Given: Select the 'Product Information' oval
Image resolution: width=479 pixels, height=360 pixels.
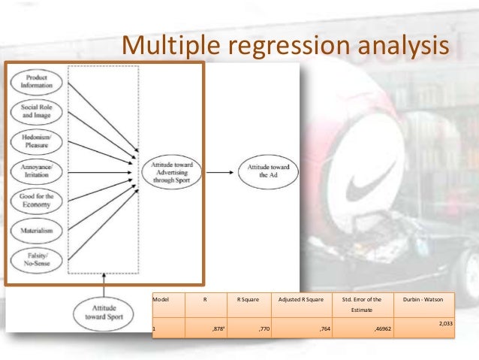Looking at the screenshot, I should pos(36,81).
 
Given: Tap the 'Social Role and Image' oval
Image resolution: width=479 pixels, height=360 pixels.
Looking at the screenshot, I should pos(36,112).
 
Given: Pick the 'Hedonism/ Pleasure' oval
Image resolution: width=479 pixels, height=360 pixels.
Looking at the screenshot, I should pos(36,143).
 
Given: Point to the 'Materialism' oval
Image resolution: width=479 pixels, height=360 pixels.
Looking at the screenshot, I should pos(36,231).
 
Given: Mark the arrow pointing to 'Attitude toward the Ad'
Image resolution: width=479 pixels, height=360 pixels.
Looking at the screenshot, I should pos(220,172).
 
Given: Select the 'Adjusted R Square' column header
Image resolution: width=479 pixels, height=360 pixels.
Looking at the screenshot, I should pos(300,299).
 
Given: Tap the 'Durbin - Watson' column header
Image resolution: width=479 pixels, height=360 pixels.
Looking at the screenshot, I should pos(423,299).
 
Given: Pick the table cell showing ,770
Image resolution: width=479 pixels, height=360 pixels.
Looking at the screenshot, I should pos(264,329).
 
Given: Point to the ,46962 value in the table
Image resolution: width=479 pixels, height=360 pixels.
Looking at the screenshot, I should pos(383,329).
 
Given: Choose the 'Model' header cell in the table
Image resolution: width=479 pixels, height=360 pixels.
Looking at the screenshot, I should pos(161,299).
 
